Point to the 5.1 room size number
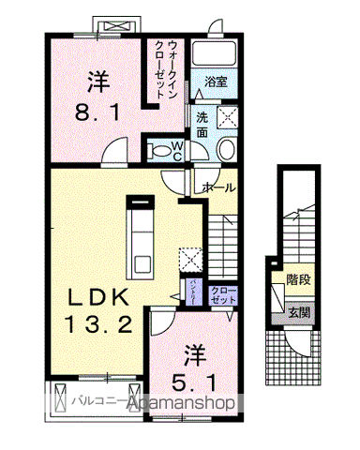[x=193, y=383]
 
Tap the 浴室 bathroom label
[x=216, y=82]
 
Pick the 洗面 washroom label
[x=202, y=124]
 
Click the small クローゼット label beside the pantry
[x=223, y=295]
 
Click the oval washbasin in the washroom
[x=225, y=149]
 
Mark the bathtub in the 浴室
[x=216, y=52]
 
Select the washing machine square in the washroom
[x=228, y=118]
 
